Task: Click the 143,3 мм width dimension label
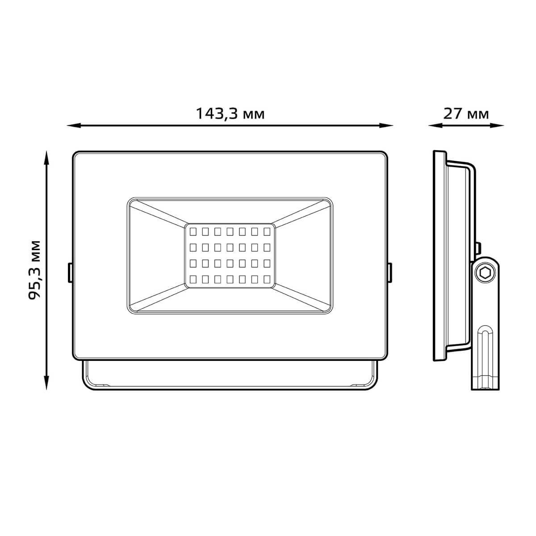coord(230,113)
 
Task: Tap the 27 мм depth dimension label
coord(466,113)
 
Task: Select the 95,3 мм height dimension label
coord(35,270)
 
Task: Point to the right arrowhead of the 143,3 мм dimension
coord(386,126)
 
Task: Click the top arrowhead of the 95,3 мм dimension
coord(47,158)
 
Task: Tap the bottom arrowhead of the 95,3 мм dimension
coord(47,382)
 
